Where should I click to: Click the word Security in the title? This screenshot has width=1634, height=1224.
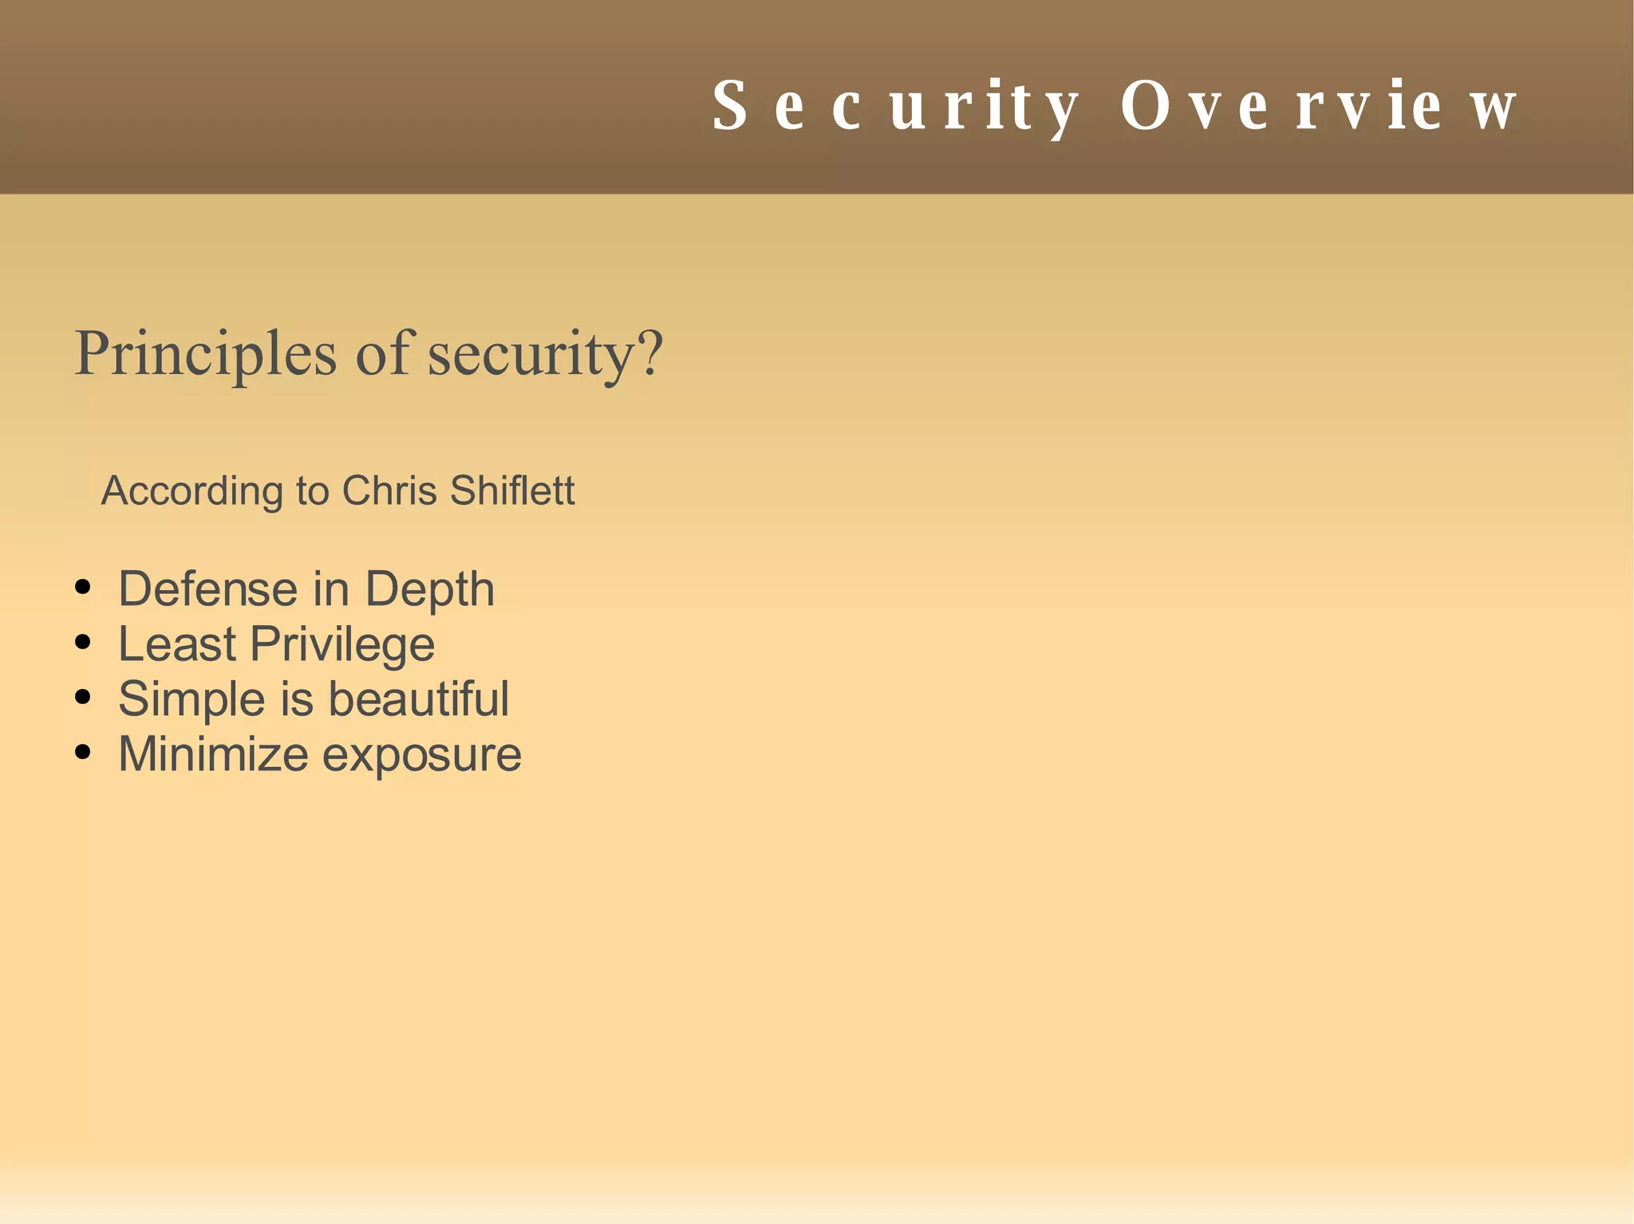(x=895, y=107)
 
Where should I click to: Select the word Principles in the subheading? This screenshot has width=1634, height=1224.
(x=205, y=353)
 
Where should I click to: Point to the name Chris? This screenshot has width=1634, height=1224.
(x=389, y=490)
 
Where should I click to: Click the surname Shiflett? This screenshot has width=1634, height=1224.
(x=512, y=490)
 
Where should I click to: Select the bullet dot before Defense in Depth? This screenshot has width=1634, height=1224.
(x=82, y=588)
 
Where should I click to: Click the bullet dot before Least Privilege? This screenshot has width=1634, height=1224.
(x=82, y=643)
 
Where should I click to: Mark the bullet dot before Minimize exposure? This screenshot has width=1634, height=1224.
(x=82, y=753)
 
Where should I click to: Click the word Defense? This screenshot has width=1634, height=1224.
(x=207, y=589)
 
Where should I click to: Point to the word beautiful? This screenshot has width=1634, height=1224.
(x=418, y=699)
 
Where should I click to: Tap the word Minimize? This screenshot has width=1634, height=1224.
(x=213, y=754)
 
